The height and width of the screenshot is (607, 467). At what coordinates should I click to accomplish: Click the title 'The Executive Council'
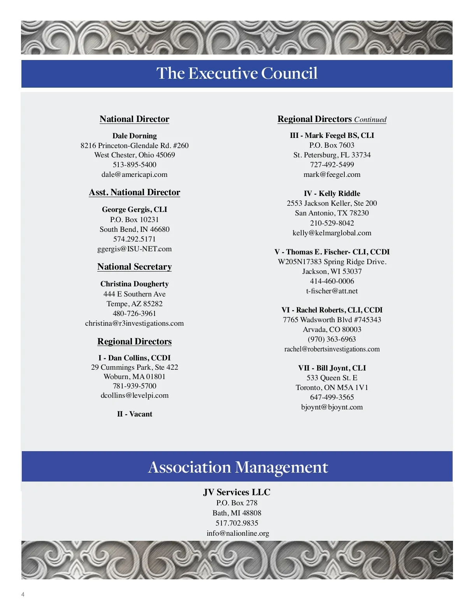(237, 73)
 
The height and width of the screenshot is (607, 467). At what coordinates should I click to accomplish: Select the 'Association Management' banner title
(238, 467)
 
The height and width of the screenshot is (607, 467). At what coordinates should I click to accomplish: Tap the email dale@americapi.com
(134, 175)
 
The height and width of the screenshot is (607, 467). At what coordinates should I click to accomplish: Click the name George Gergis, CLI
(134, 210)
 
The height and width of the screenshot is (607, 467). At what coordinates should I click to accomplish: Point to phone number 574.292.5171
(134, 239)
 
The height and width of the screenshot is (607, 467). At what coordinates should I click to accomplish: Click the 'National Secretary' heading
(134, 267)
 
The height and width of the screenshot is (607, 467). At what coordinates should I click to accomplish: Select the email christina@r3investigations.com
(134, 323)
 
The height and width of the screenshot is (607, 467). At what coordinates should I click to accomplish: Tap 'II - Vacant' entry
(134, 414)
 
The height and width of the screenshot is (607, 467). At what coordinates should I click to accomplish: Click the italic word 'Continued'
(370, 120)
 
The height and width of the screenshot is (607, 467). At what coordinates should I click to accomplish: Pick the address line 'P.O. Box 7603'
(332, 145)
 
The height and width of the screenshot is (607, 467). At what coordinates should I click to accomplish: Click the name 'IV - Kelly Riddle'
(332, 194)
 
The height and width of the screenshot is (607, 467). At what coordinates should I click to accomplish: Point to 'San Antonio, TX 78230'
(332, 213)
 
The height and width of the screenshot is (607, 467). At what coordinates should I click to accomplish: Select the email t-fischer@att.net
(332, 291)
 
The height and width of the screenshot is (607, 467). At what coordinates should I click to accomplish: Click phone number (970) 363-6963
(332, 339)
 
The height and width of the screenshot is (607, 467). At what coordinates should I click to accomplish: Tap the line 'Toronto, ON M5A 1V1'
(332, 388)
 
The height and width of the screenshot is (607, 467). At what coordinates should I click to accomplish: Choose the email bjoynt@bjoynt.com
(332, 407)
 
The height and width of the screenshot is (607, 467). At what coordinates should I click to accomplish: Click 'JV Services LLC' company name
(237, 492)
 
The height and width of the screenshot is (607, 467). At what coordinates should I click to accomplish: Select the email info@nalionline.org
(238, 533)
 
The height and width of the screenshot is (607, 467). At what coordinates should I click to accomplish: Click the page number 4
(23, 595)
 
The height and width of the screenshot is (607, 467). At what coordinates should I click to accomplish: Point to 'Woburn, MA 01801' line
(134, 377)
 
